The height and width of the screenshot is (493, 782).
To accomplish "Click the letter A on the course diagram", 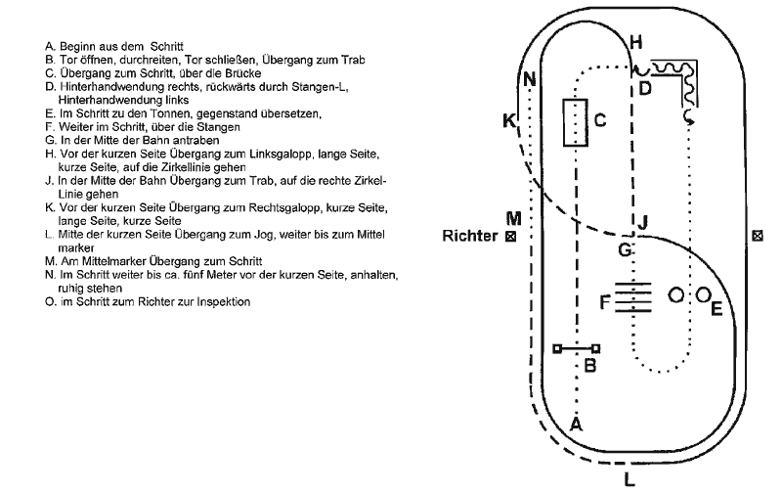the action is tap(576, 425).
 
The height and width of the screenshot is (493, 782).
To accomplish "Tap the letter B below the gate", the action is tap(590, 366).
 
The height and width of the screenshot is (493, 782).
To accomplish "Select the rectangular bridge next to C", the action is tap(575, 122).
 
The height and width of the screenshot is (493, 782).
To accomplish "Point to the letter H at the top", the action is tap(636, 42).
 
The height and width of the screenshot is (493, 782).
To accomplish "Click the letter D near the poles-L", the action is tap(645, 88).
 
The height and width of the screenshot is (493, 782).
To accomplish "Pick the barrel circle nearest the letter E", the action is tap(703, 294).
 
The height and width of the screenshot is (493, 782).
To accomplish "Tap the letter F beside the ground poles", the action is tap(605, 302).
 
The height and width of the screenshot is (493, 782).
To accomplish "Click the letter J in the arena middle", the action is tap(643, 222).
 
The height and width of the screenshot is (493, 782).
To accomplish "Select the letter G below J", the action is tap(625, 249).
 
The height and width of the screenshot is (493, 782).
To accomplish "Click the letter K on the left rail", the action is tap(509, 120).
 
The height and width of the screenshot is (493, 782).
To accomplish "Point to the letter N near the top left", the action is tap(529, 79).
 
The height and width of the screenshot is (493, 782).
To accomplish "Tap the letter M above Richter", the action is tap(514, 218).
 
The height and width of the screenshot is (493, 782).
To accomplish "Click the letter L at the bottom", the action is tap(630, 479).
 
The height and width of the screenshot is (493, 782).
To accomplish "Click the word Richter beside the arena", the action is tap(470, 236).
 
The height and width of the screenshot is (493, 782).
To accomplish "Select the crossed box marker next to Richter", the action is tap(510, 237).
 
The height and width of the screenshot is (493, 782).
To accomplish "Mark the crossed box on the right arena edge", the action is tap(757, 236).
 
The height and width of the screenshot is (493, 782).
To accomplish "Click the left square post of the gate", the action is tap(557, 349).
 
